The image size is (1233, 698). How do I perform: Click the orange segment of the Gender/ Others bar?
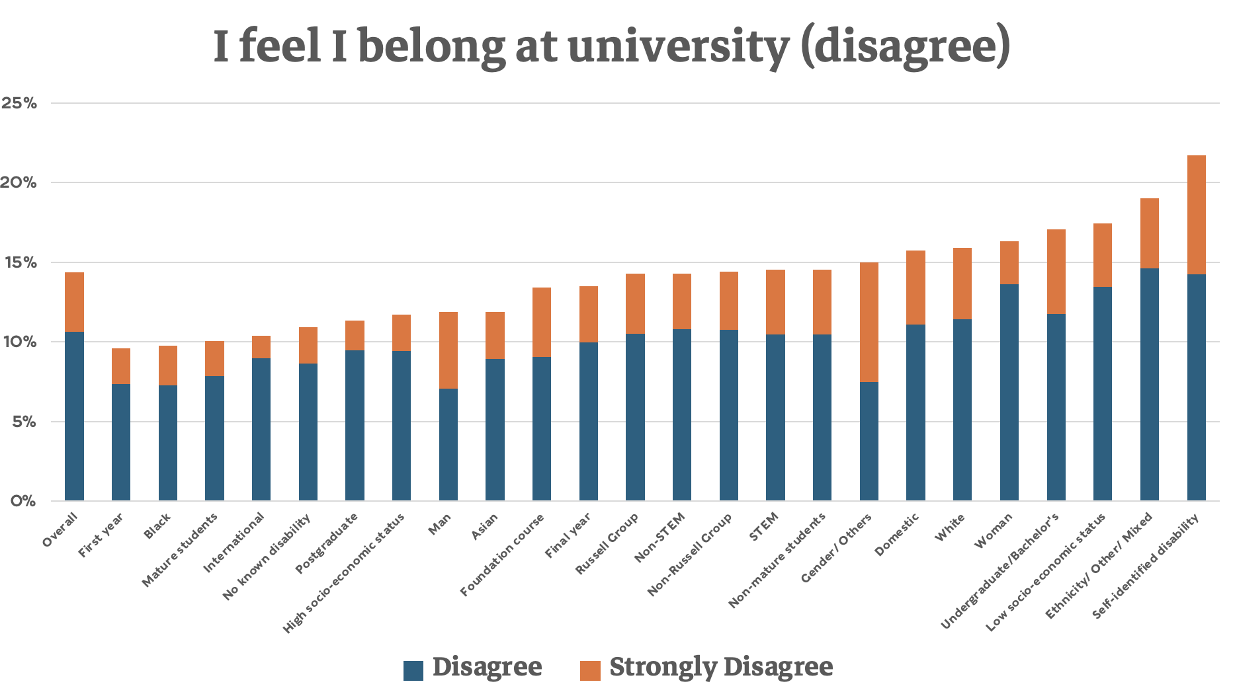point(869,322)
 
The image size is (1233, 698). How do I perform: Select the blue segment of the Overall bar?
point(74,416)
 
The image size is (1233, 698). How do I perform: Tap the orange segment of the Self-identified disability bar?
point(1196,215)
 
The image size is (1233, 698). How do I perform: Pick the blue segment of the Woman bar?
point(1009,393)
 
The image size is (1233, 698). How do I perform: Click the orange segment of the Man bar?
point(448,350)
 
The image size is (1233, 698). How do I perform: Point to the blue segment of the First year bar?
point(121,442)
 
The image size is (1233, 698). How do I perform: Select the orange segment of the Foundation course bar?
point(542,322)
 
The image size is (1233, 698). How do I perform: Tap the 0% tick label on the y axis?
point(22,501)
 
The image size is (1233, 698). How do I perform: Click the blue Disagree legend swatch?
point(413,670)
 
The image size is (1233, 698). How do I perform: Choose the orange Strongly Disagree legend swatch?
point(590,670)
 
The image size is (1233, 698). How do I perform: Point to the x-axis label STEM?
point(767,526)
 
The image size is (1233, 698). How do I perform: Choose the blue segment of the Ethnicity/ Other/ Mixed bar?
point(1149,384)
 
